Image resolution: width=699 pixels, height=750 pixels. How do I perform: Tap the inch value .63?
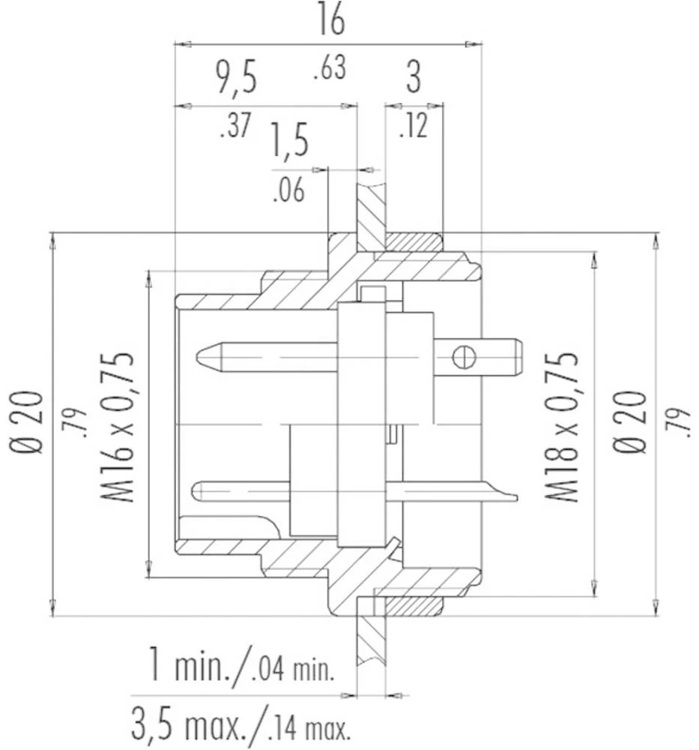click(329, 68)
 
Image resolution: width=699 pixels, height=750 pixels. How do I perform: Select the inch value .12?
click(413, 127)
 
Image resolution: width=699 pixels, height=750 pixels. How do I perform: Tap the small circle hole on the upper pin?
click(465, 356)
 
